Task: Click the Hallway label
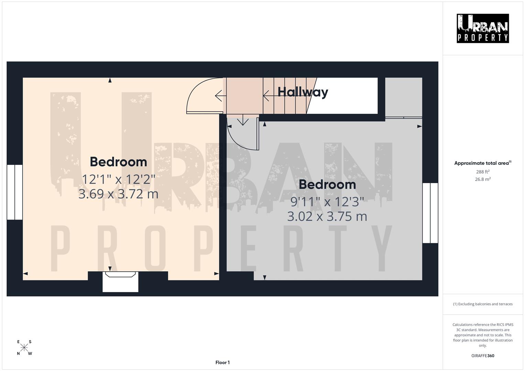303,92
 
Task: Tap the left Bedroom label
118,162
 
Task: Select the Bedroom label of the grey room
327,184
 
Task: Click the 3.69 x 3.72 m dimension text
118,194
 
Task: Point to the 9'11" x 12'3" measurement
327,202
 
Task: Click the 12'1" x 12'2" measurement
118,179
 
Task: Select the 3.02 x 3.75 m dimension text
327,216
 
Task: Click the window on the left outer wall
15,192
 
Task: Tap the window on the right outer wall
430,213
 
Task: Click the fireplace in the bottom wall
120,282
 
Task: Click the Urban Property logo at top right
483,28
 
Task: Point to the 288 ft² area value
483,172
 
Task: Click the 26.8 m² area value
483,179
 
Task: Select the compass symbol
24,347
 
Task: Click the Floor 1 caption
222,362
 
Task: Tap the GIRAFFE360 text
483,356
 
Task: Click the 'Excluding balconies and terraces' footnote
483,304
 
